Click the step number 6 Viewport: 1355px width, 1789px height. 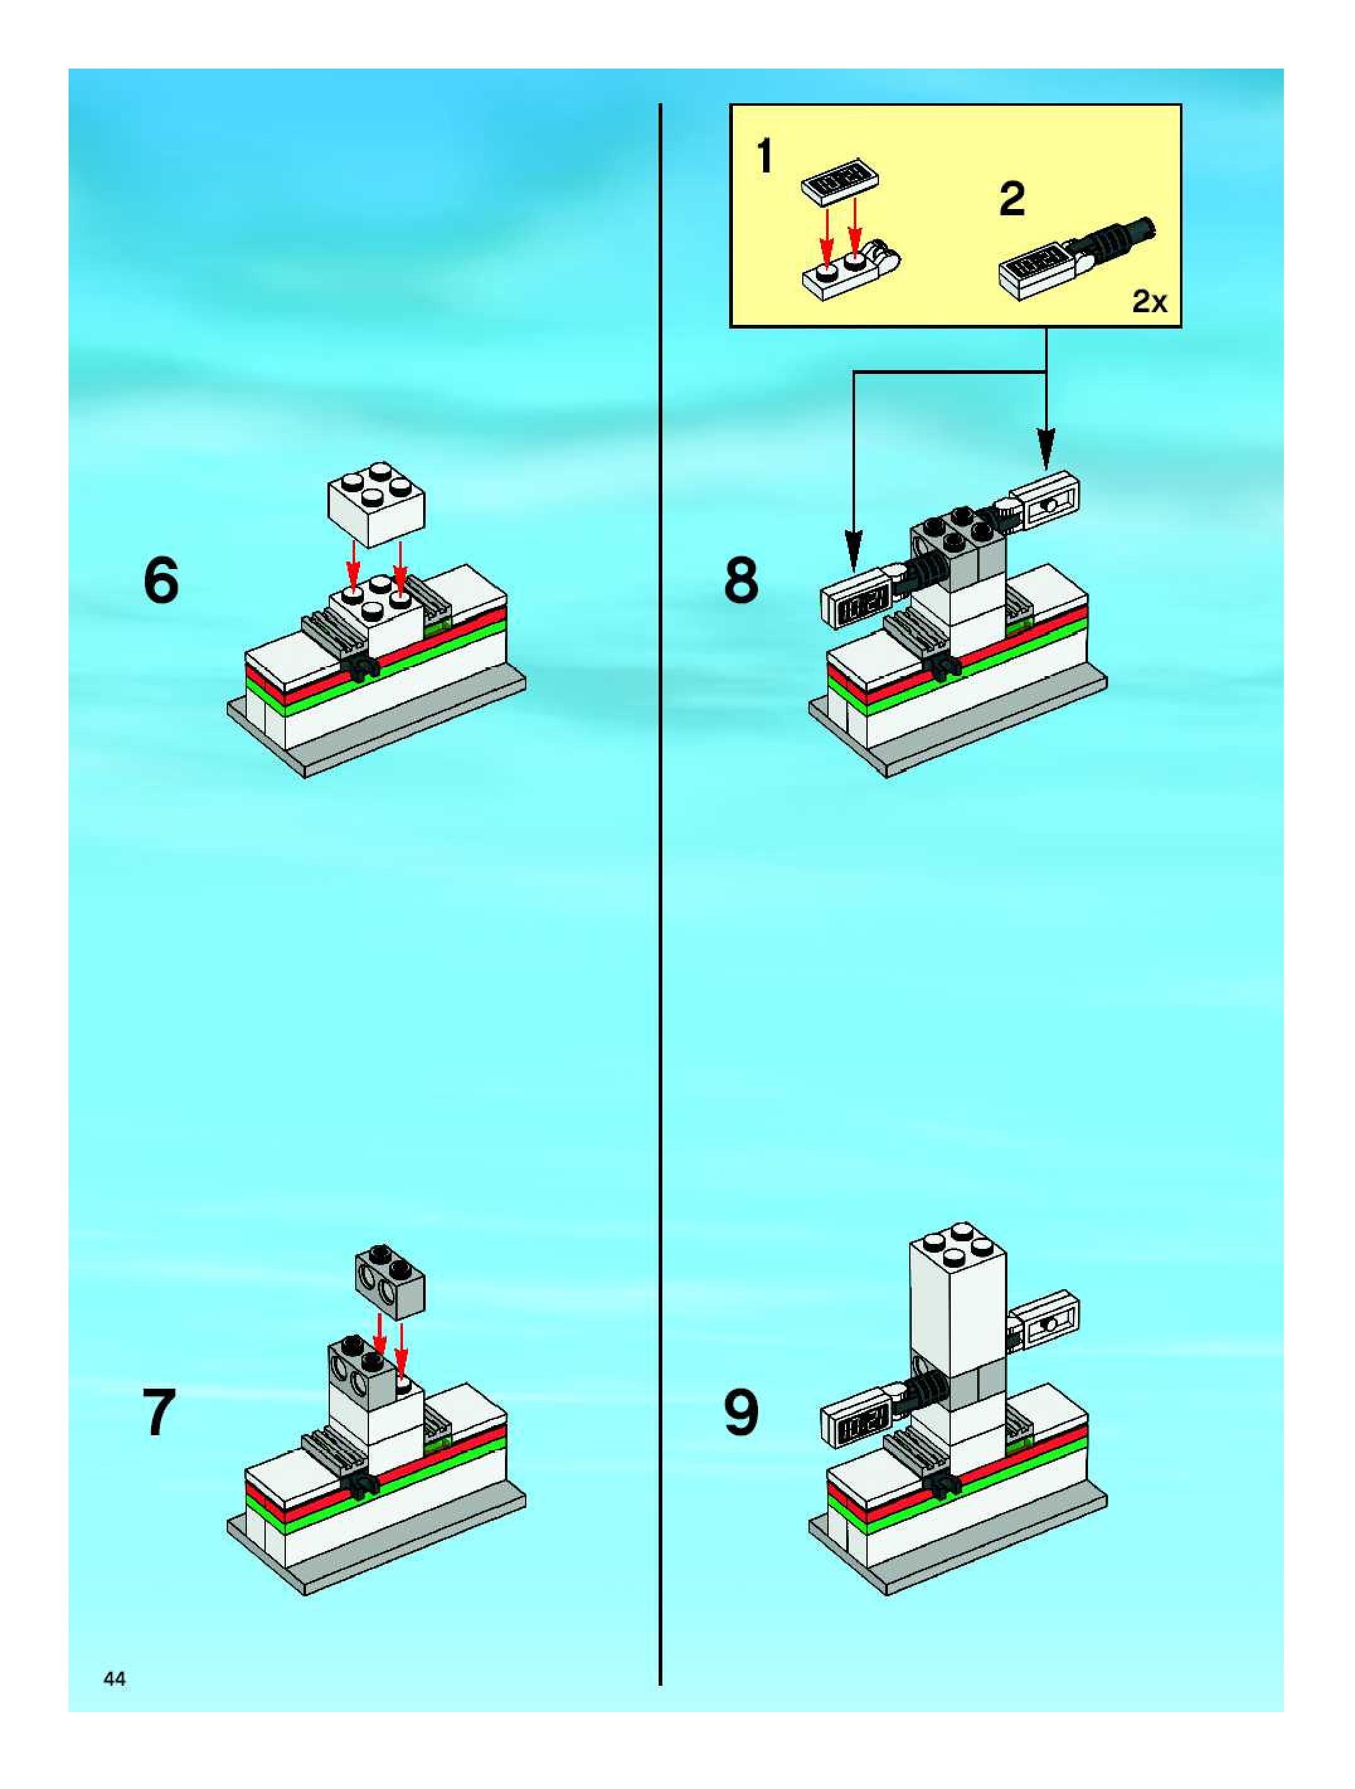pyautogui.click(x=161, y=580)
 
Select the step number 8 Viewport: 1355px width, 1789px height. pyautogui.click(x=741, y=580)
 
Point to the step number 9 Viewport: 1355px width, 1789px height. pyautogui.click(x=741, y=1413)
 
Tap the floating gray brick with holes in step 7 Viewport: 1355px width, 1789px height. pyautogui.click(x=390, y=1277)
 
